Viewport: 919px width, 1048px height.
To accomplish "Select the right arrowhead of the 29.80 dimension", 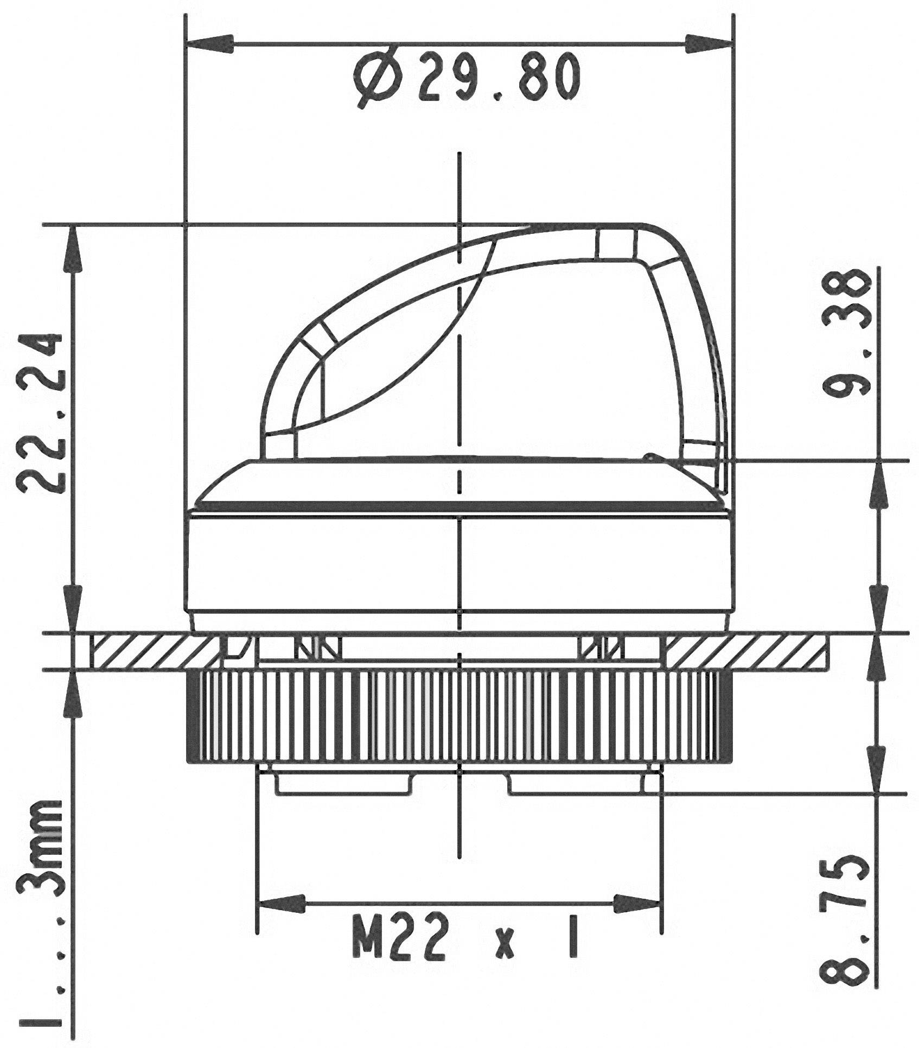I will click(709, 44).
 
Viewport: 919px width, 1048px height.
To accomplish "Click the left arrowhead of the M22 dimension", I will click(282, 904).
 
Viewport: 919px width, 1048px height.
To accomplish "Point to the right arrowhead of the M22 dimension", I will click(637, 904).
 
